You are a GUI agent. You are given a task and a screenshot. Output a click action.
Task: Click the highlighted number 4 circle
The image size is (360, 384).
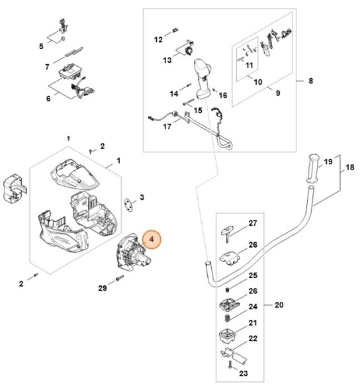pyautogui.click(x=151, y=239)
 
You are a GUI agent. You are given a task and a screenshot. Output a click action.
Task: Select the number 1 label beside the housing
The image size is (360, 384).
pyautogui.click(x=118, y=161)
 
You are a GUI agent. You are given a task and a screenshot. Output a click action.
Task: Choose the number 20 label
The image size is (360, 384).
pyautogui.click(x=279, y=305)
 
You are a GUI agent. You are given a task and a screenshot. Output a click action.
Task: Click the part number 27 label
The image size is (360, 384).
pyautogui.click(x=252, y=223)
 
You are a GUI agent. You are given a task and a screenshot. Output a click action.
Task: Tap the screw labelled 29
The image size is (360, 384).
pyautogui.click(x=119, y=279)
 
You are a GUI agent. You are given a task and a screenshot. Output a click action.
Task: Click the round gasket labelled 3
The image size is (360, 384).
pyautogui.click(x=127, y=201)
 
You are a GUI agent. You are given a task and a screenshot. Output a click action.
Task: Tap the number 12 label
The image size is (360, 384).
pyautogui.click(x=158, y=40)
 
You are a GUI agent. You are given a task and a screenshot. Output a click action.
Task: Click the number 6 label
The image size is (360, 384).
pyautogui.click(x=48, y=99)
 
